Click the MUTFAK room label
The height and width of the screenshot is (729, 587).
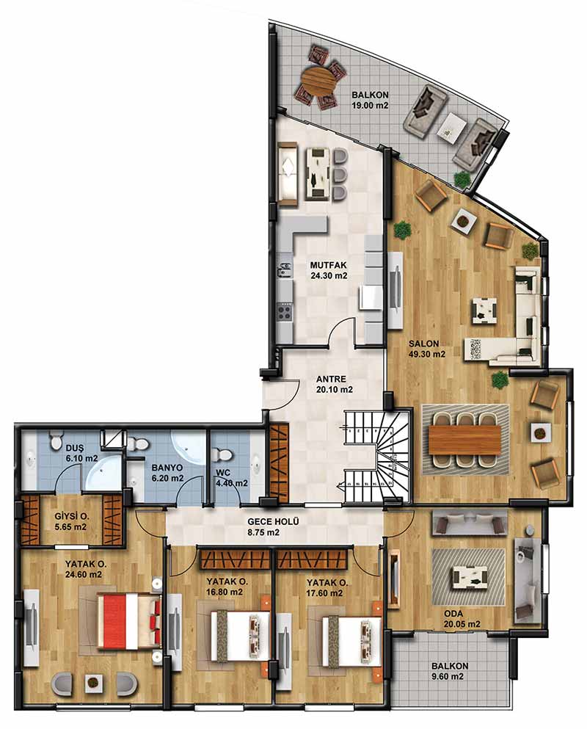(x=329, y=266)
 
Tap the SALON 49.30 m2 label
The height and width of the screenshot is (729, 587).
(x=427, y=349)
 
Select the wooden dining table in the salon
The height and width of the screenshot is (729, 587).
(x=464, y=439)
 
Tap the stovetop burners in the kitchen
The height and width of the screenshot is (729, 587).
(x=285, y=311)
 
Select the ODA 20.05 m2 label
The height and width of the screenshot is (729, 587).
(x=462, y=619)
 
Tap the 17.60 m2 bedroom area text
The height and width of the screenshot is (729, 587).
(x=325, y=592)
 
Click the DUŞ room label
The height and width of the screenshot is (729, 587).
(x=74, y=448)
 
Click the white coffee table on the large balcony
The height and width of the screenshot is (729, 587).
(x=451, y=126)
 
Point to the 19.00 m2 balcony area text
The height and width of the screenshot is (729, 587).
(x=370, y=106)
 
